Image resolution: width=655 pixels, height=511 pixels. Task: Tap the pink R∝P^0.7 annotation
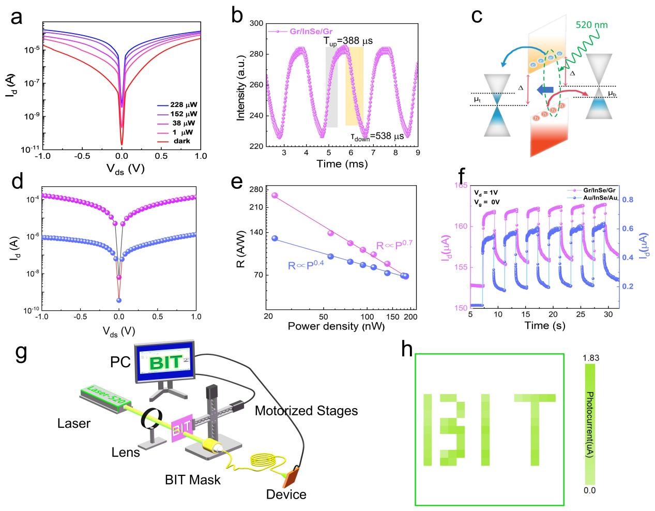click(393, 245)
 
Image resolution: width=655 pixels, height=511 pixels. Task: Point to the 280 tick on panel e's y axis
click(257, 189)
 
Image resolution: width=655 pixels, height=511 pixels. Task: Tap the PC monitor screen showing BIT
click(164, 362)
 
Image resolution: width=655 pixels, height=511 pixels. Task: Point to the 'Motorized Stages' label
click(307, 411)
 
